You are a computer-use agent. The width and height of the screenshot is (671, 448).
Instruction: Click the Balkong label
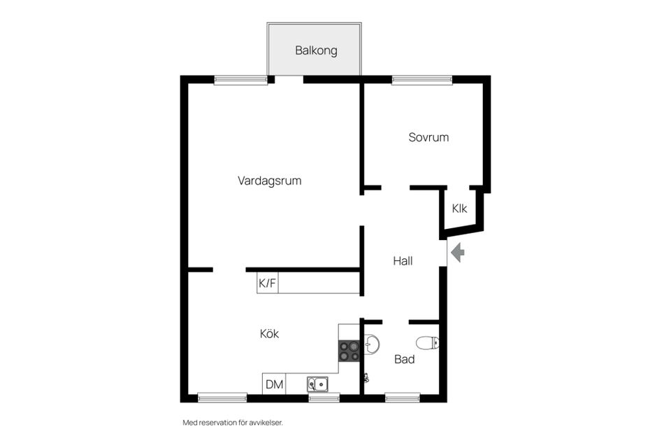tap(316, 50)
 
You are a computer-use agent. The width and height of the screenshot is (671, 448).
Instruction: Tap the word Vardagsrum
tap(269, 181)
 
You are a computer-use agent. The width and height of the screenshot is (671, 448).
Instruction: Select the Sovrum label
tap(428, 137)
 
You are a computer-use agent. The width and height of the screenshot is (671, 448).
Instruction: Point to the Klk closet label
tap(459, 209)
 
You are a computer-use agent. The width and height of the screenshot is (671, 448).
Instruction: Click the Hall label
tap(403, 261)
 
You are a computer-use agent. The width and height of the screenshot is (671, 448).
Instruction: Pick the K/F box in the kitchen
tap(267, 283)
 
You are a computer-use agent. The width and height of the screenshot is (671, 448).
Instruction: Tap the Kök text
tap(269, 334)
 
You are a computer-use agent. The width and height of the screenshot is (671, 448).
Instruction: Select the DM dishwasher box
tap(274, 384)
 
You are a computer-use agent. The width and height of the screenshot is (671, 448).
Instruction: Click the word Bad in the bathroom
tap(404, 359)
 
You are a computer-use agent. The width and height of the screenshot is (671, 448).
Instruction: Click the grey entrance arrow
tap(458, 252)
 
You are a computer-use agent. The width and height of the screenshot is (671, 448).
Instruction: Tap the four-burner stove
tap(349, 350)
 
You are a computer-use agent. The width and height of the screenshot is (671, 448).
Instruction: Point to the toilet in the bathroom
tap(427, 342)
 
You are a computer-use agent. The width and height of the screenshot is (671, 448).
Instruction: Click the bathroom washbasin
tap(372, 344)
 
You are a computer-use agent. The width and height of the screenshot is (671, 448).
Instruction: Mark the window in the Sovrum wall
tap(421, 80)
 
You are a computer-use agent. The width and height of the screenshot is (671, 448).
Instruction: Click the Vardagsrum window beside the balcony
tap(240, 80)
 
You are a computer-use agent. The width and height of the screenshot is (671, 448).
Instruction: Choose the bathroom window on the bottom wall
tap(402, 398)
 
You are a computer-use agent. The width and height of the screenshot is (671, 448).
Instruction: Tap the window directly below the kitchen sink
tap(324, 398)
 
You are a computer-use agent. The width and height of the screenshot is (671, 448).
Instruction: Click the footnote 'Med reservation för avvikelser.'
tap(232, 423)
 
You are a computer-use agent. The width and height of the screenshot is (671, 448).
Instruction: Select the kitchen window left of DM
tap(222, 398)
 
